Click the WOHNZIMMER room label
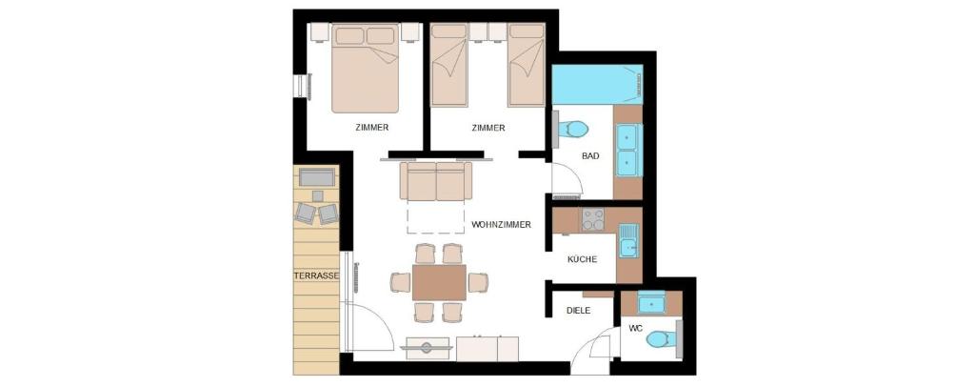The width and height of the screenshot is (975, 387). pos(501,225)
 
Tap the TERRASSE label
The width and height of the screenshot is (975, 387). pos(316,275)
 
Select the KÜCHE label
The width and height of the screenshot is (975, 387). pos(582,259)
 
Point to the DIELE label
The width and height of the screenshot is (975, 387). pos(578,310)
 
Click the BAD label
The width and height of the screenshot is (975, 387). pos(590,156)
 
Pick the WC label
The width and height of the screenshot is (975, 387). pos(635,328)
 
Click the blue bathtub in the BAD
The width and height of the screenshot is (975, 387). pos(597,84)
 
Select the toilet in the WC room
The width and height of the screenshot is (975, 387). pos(662,339)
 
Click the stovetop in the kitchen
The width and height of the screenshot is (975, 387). pos(592,219)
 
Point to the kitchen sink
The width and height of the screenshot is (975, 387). pos(628,240)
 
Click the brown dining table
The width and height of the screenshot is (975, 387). pos(439,282)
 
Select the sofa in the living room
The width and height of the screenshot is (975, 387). pos(436,181)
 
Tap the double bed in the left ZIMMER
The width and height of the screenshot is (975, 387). pos(365,69)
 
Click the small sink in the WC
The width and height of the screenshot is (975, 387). pos(651,304)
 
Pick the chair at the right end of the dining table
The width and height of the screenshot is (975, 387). pos(478,282)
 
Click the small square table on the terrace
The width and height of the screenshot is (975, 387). pos(317,196)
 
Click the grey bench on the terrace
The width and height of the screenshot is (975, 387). pos(317,177)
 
